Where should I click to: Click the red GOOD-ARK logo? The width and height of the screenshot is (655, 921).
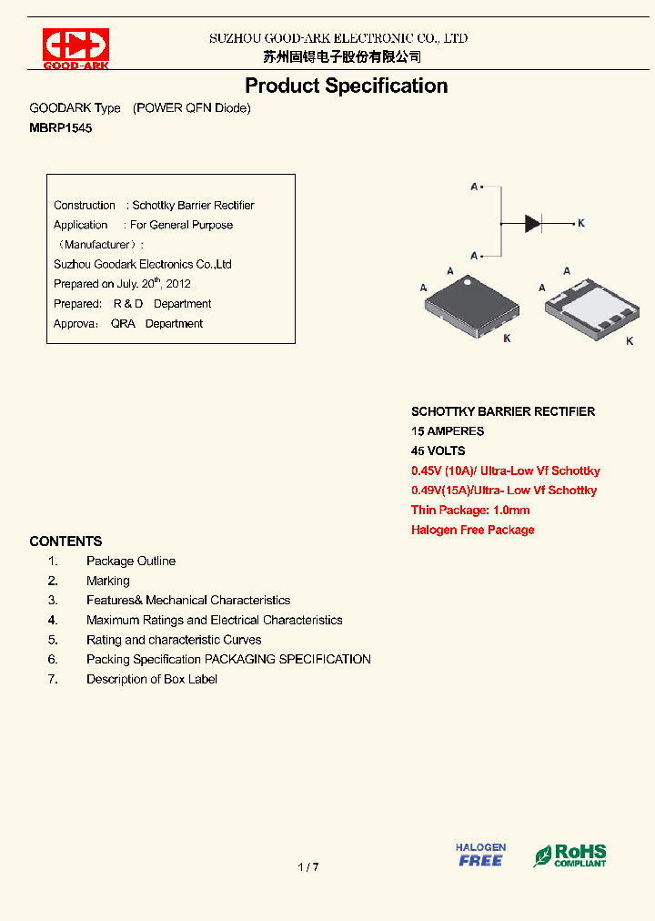tap(76, 48)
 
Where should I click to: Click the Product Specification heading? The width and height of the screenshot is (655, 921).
tap(346, 86)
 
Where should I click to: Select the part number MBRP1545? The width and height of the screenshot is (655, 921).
tap(61, 128)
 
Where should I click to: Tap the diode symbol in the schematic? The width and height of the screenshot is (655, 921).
tap(533, 223)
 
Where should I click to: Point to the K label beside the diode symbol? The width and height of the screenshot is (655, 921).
tap(581, 223)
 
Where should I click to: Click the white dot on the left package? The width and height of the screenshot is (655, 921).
tap(469, 282)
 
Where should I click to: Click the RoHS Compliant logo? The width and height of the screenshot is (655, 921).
tap(570, 855)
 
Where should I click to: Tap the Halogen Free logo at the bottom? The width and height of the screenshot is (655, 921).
tap(480, 855)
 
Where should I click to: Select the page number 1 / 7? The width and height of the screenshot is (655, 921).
tap(308, 867)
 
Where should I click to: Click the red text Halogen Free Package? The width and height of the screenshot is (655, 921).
tap(472, 530)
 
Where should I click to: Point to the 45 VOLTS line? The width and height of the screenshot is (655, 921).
tap(438, 450)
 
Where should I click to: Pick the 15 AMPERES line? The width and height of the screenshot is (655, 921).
tap(448, 431)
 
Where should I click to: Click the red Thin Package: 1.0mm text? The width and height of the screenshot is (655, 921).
tap(470, 511)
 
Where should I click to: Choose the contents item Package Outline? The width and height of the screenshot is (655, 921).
tap(131, 561)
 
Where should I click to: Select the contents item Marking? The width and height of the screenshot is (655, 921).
tap(108, 581)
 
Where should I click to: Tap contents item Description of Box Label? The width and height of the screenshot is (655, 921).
tap(152, 679)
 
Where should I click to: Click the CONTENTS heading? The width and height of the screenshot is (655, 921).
tap(65, 541)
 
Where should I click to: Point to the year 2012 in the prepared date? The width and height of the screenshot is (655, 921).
tap(177, 284)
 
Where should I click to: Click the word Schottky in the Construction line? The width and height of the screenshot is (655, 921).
tap(153, 206)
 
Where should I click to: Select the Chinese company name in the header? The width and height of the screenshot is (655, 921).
tap(342, 56)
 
